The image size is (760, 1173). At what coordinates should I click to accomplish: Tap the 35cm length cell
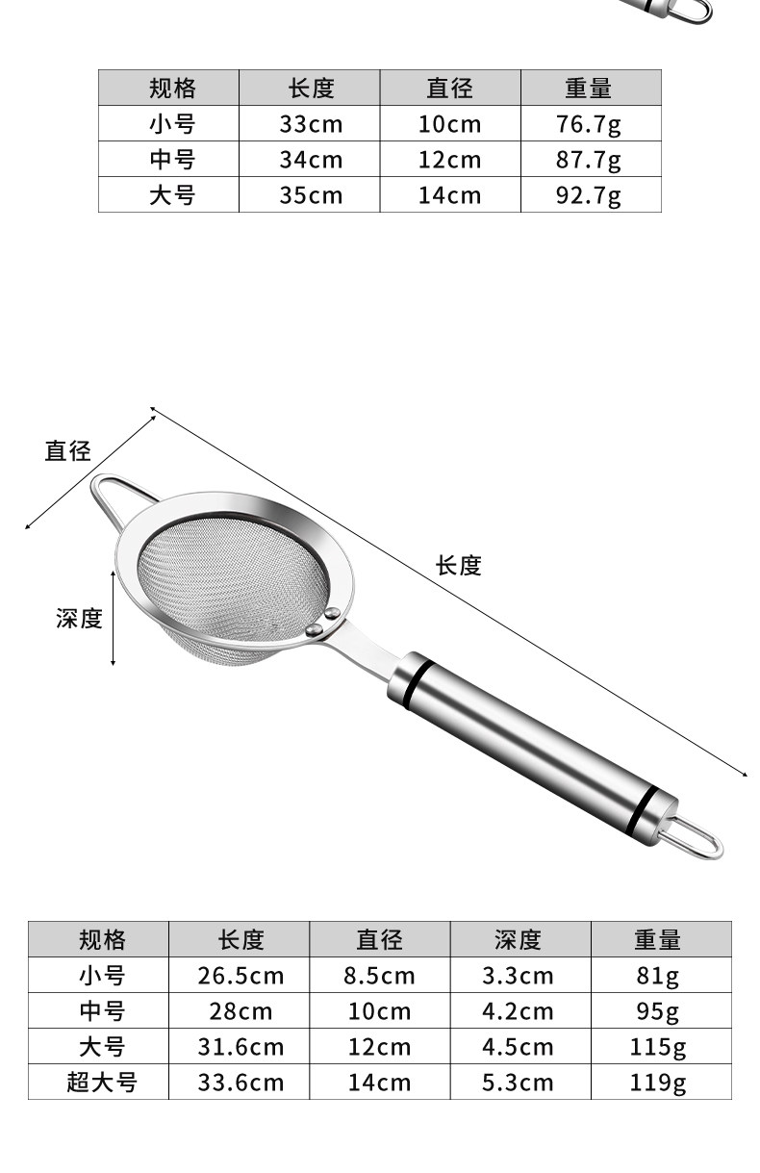click(x=310, y=195)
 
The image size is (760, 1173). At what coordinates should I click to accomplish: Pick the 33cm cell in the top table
click(x=310, y=124)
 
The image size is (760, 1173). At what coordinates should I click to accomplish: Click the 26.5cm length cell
click(x=241, y=976)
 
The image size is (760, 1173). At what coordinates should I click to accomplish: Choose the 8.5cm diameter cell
click(x=379, y=976)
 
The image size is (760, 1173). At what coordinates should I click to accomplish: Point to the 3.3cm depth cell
click(x=519, y=976)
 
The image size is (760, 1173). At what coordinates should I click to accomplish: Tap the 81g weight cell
click(x=660, y=976)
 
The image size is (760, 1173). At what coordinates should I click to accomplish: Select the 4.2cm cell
click(x=519, y=1011)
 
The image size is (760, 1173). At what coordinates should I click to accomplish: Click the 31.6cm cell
click(x=241, y=1047)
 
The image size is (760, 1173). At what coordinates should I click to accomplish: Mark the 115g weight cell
click(x=660, y=1047)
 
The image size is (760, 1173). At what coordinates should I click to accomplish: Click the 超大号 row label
click(x=101, y=1083)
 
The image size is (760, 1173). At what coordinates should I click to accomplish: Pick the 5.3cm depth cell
click(x=519, y=1083)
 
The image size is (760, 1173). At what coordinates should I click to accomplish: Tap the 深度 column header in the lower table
click(x=519, y=939)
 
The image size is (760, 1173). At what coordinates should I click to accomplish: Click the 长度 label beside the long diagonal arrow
click(x=458, y=566)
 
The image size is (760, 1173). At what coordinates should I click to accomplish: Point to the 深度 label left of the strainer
click(x=79, y=619)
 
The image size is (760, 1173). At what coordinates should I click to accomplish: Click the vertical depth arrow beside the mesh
click(x=114, y=617)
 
